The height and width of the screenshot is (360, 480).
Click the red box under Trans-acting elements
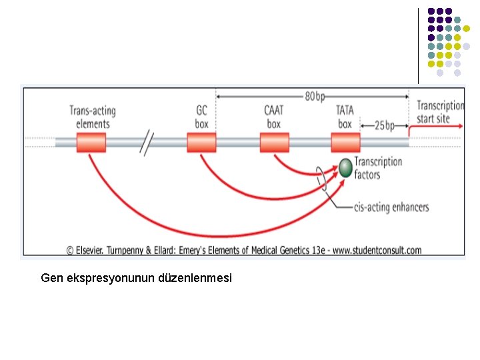(91, 143)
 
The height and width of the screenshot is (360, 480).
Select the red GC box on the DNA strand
(201, 143)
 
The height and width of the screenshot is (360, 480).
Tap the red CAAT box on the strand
(274, 143)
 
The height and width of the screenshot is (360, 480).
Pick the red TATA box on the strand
(345, 143)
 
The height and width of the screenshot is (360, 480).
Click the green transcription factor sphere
(345, 167)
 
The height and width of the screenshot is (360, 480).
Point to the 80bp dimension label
(316, 96)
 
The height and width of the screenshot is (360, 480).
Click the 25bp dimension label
(384, 125)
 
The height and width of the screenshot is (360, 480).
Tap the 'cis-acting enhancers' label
(391, 207)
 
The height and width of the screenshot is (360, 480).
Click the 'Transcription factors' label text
(378, 168)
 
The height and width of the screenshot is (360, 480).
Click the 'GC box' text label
(201, 117)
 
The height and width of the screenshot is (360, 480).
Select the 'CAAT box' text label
(274, 117)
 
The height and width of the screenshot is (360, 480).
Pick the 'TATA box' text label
(345, 117)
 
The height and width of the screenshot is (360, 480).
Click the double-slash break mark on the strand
(147, 142)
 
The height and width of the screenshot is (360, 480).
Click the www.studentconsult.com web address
(378, 251)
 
